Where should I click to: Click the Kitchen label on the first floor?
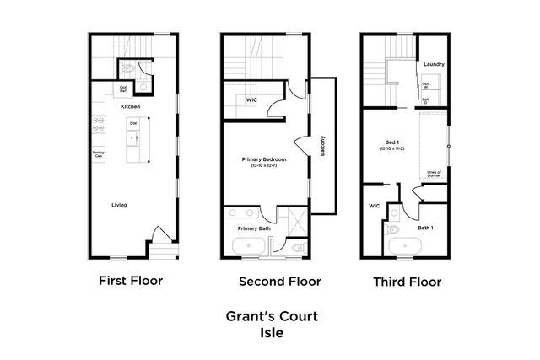130,107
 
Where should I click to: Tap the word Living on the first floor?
121,204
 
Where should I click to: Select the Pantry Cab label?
99,154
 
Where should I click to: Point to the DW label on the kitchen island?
133,124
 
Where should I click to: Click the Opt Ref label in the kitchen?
123,88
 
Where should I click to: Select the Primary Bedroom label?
263,159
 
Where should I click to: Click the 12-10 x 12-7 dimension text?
263,166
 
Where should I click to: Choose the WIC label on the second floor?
251,99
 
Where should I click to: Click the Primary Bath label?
253,227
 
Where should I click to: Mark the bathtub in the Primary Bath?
250,247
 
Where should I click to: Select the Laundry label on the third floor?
435,64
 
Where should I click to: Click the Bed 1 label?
391,142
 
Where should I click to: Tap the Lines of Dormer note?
435,175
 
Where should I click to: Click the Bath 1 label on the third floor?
425,227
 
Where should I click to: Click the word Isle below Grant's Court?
271,332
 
